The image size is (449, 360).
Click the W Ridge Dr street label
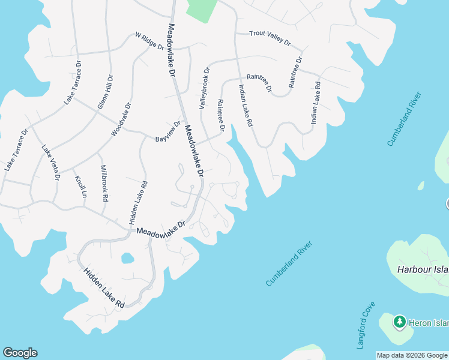(149, 41)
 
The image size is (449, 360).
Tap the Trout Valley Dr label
(270, 38)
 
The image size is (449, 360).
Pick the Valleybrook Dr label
(205, 88)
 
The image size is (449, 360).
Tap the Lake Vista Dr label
(51, 162)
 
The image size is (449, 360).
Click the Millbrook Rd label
(104, 183)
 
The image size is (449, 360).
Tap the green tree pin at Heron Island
(399, 322)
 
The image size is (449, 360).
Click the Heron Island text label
(428, 323)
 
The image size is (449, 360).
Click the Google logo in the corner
(20, 353)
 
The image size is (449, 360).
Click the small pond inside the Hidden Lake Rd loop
(127, 259)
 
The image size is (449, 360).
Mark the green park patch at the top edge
(202, 10)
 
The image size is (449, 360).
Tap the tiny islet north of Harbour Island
(421, 186)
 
